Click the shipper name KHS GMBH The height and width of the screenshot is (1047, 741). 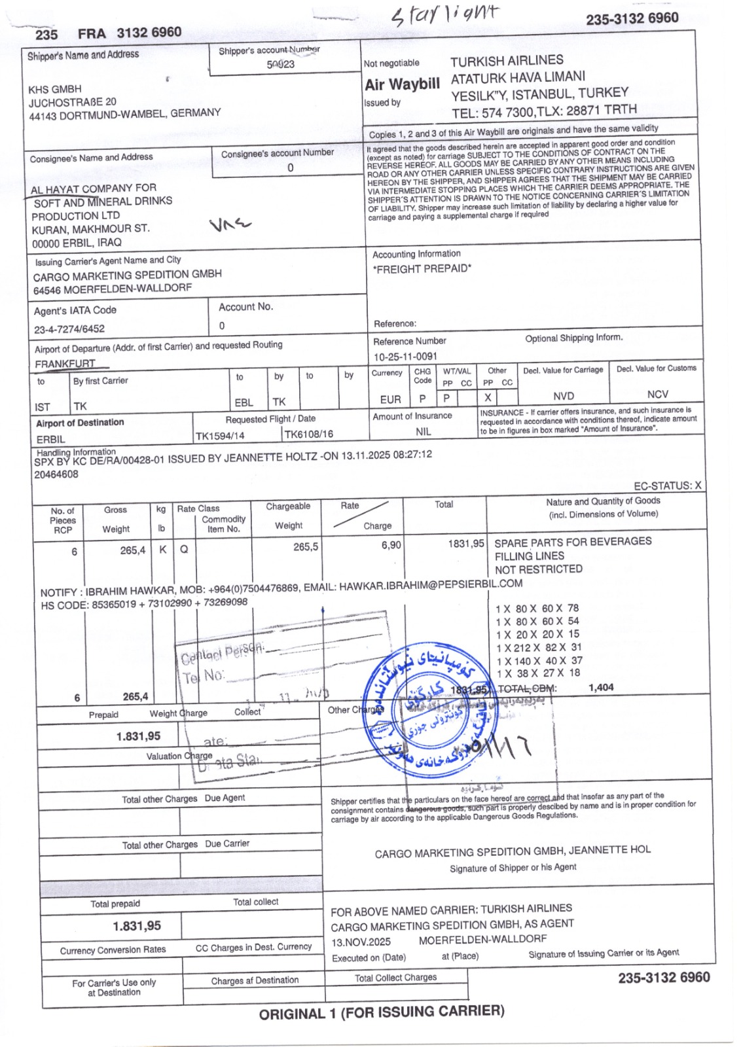coord(55,89)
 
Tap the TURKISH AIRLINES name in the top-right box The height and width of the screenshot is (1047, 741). coord(507,61)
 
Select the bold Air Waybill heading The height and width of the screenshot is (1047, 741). coord(402,84)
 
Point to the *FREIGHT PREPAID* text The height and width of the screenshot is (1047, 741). coord(422,268)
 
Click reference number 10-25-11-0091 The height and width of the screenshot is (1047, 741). coord(405,357)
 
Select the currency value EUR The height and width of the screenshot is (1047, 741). coord(390,399)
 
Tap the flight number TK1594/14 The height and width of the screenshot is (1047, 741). coord(220,436)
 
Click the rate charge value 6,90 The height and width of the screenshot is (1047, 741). coord(391,545)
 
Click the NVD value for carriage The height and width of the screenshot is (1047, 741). coord(563,396)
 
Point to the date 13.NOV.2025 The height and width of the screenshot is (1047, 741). coord(361,942)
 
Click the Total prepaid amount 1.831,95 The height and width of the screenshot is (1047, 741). coord(137,926)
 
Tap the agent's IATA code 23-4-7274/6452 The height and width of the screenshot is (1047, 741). coord(69,329)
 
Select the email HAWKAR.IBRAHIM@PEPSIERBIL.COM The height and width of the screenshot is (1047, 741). coord(431,585)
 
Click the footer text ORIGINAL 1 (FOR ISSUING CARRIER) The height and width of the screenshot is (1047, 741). coord(382,1012)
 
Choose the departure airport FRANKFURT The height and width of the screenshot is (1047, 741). coord(65,364)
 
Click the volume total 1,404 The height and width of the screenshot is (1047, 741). coord(601,687)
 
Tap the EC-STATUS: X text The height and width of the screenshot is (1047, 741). coord(667,486)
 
